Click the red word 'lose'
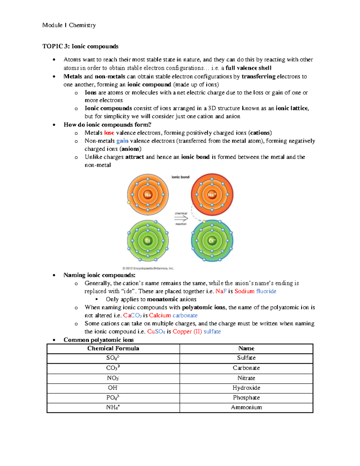[109, 133]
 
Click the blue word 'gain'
[122, 141]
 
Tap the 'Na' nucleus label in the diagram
[148, 195]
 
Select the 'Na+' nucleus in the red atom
[212, 195]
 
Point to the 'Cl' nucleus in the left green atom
[148, 241]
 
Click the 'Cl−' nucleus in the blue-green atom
[212, 241]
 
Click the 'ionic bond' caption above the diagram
[180, 177]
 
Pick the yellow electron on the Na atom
[129, 203]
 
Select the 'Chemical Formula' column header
[113, 348]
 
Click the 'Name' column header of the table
[246, 348]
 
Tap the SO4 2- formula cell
[113, 358]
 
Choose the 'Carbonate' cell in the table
[246, 368]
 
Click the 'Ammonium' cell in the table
[246, 407]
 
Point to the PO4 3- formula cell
[113, 398]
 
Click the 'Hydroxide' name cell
[246, 388]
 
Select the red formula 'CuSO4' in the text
[156, 332]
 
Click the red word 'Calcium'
[160, 315]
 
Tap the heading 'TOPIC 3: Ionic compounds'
[80, 46]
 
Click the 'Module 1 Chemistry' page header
[69, 25]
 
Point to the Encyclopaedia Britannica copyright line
[148, 268]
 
